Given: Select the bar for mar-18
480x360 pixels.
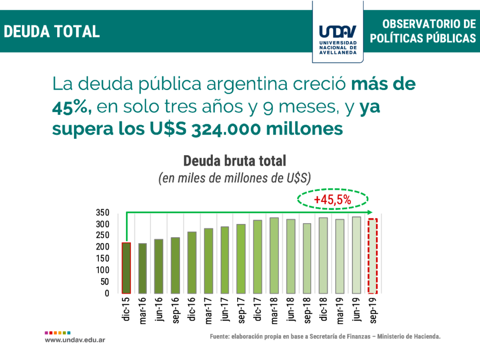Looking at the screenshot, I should [x=274, y=255].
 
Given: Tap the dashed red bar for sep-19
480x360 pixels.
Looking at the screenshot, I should [x=372, y=256].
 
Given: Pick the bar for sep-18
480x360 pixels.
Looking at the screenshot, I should [x=307, y=258].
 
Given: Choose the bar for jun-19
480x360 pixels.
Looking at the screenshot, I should [x=356, y=255].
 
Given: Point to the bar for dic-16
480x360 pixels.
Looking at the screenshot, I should [x=192, y=262].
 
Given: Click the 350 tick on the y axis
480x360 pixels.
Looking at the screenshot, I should [x=103, y=212].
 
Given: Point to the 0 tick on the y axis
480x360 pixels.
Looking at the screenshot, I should [x=106, y=293].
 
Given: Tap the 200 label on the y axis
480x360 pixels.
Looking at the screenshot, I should [x=103, y=247].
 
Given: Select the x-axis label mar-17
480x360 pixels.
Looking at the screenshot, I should [x=208, y=311].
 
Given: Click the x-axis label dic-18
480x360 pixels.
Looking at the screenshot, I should [x=323, y=310].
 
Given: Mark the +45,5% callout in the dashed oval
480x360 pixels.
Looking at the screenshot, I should [x=332, y=200].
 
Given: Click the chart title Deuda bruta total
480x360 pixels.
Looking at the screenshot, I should [x=234, y=161].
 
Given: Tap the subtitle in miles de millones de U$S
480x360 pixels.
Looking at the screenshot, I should [x=234, y=179].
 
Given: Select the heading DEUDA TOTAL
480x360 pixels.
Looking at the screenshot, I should [x=52, y=31].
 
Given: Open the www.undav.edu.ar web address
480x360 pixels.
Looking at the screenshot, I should [x=75, y=339].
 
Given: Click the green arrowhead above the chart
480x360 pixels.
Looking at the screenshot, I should [x=370, y=212].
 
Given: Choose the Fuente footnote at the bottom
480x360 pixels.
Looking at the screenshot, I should [x=325, y=337].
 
